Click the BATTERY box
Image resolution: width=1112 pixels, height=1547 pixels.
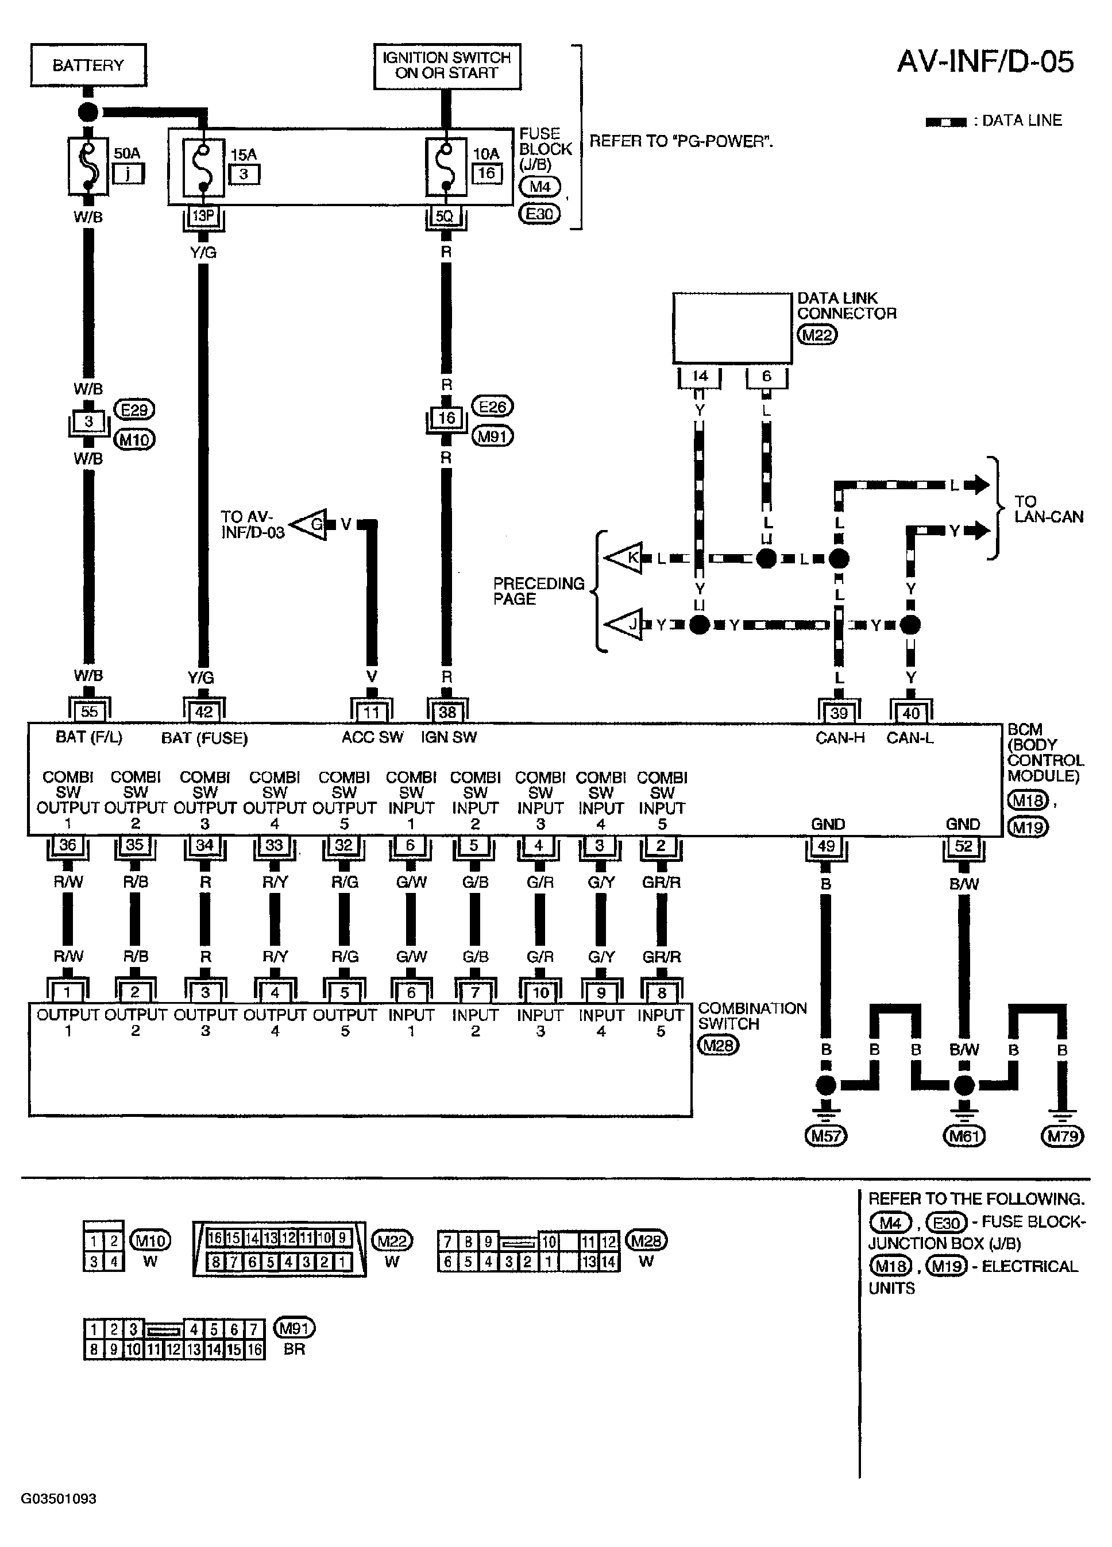(88, 65)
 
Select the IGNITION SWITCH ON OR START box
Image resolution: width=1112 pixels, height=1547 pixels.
(447, 65)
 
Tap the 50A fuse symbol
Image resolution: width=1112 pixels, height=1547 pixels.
(88, 166)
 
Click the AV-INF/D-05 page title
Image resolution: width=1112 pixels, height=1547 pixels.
(984, 61)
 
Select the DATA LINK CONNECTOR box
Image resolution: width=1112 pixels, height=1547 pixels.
(732, 328)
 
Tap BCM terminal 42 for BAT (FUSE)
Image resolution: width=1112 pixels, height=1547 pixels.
(204, 711)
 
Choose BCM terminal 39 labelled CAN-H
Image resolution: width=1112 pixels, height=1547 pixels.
(839, 712)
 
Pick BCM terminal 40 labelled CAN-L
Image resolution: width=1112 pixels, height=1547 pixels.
(911, 712)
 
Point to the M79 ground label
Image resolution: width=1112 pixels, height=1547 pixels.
(1062, 1136)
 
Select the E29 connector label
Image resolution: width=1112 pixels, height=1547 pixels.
(134, 409)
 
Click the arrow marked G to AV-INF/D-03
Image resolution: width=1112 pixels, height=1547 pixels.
(310, 524)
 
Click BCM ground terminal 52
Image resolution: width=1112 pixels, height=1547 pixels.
(963, 846)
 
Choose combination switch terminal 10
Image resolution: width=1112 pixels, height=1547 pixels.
(540, 992)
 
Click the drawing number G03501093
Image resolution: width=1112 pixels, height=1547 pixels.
(59, 1499)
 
